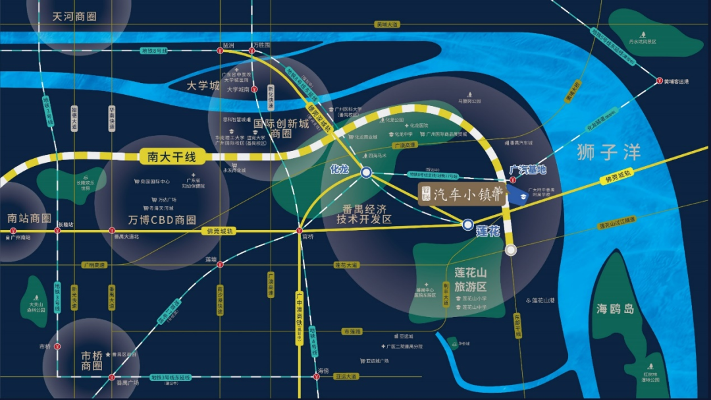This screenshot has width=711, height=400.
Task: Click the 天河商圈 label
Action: (74, 15)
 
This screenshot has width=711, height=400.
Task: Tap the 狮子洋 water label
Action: (608, 152)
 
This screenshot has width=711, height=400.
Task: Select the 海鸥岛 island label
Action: (616, 308)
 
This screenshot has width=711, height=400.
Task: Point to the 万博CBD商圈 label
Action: (162, 219)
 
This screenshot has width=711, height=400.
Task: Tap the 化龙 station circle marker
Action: (366, 173)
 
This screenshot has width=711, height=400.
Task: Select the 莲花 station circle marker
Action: (467, 225)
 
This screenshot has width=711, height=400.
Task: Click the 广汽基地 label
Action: (528, 169)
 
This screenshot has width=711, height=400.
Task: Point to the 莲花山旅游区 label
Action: (470, 279)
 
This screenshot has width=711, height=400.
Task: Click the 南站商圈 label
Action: (29, 218)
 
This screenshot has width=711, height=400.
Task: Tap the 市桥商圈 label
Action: (92, 360)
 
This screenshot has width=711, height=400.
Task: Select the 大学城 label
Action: (202, 86)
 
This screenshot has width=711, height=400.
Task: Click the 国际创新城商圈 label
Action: (281, 129)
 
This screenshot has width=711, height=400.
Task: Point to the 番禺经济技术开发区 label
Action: (364, 214)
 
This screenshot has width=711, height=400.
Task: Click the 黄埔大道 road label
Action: (387, 24)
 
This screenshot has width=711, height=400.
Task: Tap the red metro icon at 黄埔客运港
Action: (659, 81)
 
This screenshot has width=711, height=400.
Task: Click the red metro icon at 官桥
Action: (300, 231)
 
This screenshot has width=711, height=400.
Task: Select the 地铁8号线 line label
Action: (155, 50)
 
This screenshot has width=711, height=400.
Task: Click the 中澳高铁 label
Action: (300, 315)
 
